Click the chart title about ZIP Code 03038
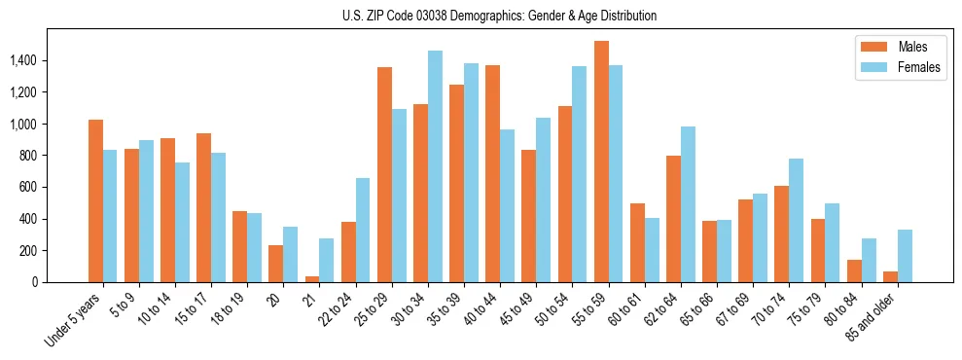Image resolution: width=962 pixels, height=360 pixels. (500, 16)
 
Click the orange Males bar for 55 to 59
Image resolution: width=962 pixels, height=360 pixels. (601, 162)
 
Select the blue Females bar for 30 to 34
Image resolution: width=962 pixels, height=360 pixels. (435, 166)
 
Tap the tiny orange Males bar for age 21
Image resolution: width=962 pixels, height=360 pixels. (312, 279)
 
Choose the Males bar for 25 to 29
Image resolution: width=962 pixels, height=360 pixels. (384, 175)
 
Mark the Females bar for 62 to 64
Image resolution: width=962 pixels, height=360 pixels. (688, 204)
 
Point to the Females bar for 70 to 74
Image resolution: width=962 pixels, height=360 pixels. (796, 220)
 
